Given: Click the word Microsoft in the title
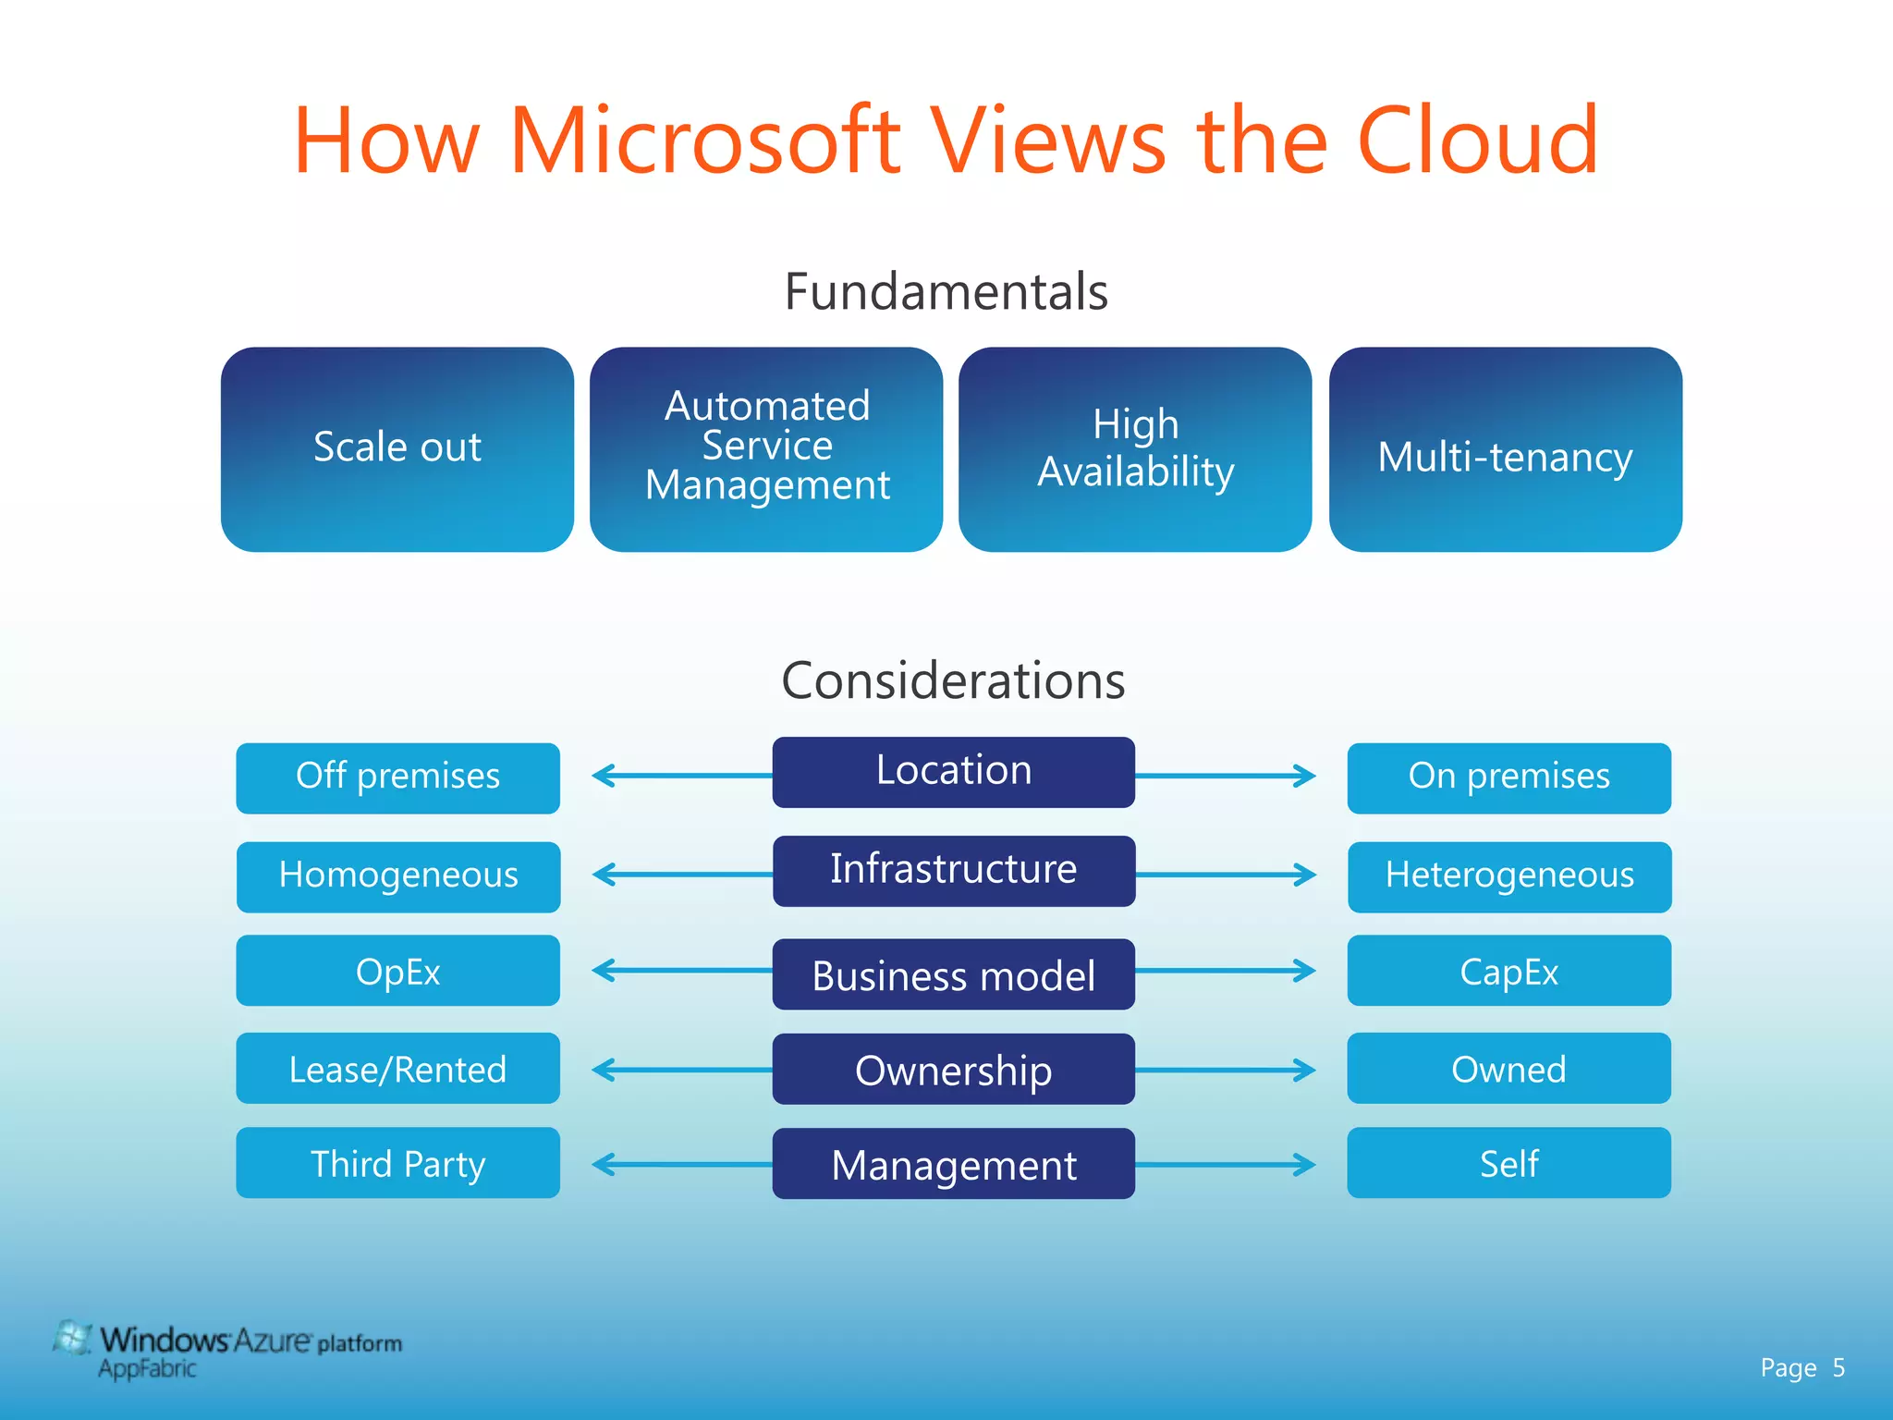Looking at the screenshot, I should point(704,141).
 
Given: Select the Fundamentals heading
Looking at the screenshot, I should point(946,292).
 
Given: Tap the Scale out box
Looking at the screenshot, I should point(397,449).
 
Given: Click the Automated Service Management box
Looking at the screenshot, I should point(766,449).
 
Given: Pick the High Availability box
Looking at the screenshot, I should point(1135,449).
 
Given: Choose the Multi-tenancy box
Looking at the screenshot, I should point(1505,449).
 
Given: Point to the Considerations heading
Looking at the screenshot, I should point(953,681).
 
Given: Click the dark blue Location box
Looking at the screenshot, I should point(953,772).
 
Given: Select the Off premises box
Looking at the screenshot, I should point(397,777).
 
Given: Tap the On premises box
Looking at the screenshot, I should point(1508,777).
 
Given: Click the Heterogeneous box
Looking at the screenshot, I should point(1508,876).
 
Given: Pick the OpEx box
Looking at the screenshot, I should point(397,971).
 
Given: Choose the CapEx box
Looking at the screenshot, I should point(1508,971).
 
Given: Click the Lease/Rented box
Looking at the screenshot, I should point(397,1069).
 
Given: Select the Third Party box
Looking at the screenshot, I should point(397,1163).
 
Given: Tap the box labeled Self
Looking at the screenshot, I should point(1508,1163).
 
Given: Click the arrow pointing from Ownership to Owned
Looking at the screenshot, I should point(1225,1070).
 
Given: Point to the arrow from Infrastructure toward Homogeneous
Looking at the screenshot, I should point(682,874).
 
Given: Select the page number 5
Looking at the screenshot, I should point(1838,1368).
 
